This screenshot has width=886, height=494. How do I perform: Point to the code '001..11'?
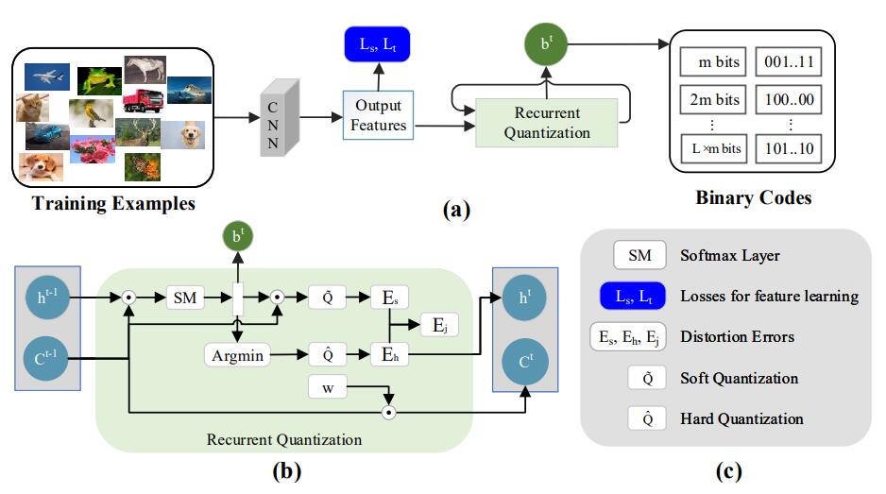(790, 63)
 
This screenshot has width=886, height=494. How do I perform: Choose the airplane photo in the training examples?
(45, 76)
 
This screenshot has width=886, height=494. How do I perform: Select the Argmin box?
(236, 355)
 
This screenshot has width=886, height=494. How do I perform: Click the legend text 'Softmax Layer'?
(730, 256)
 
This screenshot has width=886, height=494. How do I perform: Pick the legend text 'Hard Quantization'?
(742, 418)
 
